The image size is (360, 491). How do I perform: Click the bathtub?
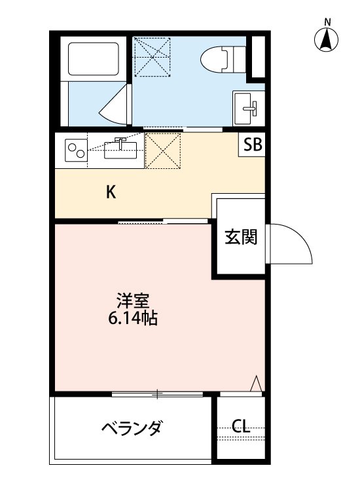tap(92, 60)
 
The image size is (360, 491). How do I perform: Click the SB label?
tap(252, 145)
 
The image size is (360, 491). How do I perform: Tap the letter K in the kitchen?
tap(111, 192)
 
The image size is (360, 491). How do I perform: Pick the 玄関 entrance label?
tap(240, 238)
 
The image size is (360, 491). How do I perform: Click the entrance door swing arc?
tap(288, 244)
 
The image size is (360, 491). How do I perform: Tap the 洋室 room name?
tap(134, 302)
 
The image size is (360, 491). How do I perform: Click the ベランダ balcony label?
tap(132, 429)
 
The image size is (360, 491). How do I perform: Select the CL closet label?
tap(241, 427)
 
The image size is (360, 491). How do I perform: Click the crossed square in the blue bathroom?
tap(152, 57)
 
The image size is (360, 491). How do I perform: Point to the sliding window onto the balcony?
tap(157, 393)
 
